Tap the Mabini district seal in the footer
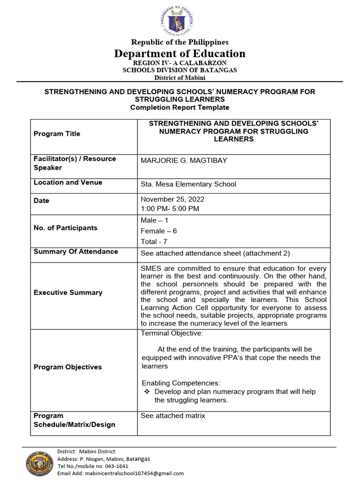click(39, 463)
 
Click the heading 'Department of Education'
click(180, 53)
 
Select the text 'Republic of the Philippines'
click(180, 42)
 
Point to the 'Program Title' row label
click(57, 134)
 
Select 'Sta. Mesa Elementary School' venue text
click(188, 184)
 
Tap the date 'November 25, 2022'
click(172, 199)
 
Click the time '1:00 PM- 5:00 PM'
click(170, 208)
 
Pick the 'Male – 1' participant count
click(154, 220)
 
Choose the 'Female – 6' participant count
click(158, 231)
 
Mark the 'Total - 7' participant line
click(154, 241)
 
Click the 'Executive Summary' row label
click(68, 292)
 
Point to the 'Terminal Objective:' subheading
click(172, 333)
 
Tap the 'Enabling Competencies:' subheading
click(180, 383)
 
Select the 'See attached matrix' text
click(173, 416)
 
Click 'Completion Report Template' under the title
click(180, 107)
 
